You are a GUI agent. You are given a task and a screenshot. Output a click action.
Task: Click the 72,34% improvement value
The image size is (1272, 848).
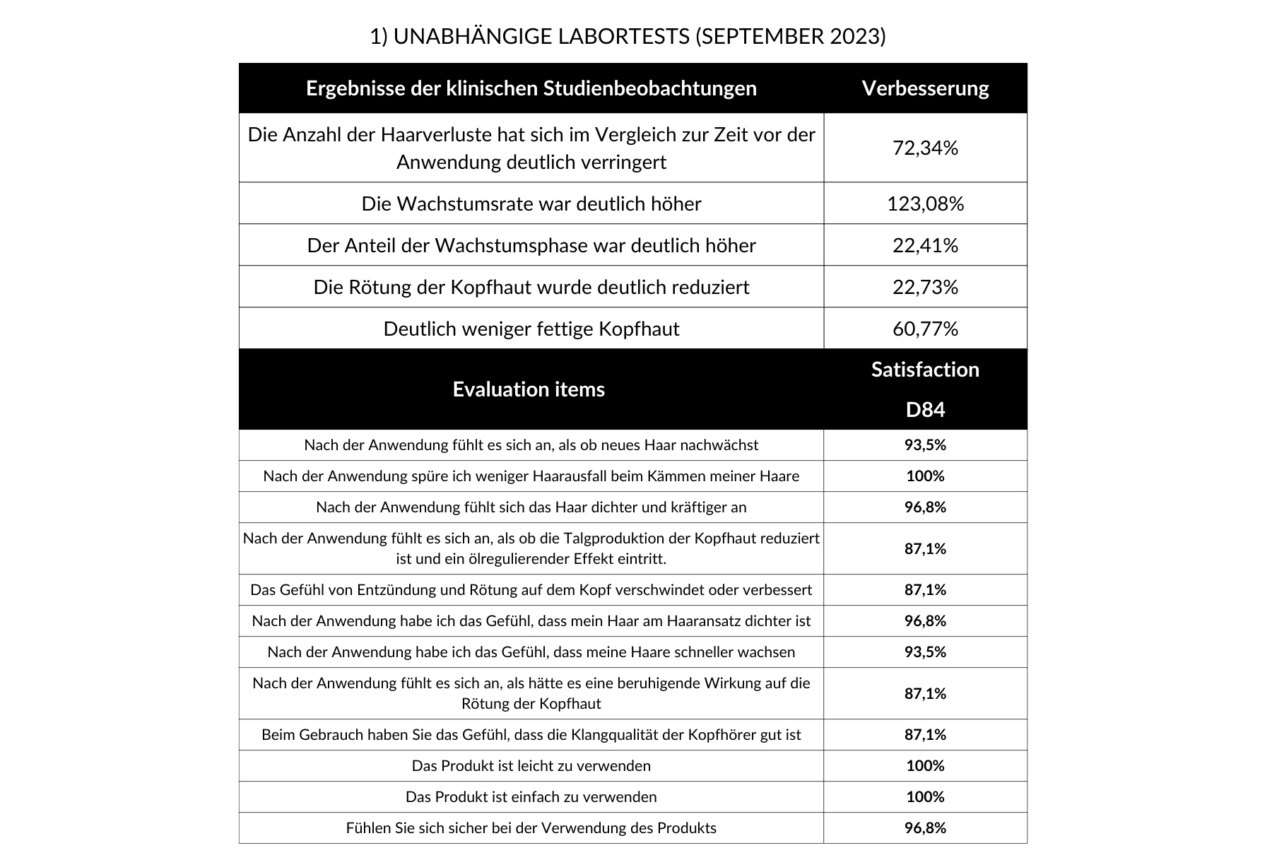[925, 148]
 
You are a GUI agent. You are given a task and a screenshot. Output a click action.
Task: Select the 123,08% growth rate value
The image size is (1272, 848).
[925, 204]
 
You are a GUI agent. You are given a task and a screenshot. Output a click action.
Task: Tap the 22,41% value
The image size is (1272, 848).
[925, 245]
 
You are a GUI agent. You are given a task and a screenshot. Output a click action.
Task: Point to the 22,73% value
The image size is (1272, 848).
[925, 287]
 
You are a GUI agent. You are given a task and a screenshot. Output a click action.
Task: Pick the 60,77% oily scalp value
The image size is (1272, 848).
[925, 329]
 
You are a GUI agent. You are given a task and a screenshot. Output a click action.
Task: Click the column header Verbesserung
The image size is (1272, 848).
[925, 88]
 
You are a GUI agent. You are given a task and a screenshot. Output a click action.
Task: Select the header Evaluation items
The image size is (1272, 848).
[529, 389]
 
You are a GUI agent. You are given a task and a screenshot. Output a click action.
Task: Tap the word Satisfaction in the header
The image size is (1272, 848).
[925, 370]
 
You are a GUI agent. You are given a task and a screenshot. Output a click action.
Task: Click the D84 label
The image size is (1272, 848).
[925, 410]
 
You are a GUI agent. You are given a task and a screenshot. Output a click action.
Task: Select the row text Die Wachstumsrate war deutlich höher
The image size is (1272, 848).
[531, 204]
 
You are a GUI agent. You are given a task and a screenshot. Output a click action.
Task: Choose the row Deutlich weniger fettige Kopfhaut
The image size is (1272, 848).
[531, 329]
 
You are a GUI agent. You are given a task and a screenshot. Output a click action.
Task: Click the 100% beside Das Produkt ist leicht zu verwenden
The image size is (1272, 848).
[925, 765]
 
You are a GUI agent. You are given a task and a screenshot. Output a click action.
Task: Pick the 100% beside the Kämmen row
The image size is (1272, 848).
[925, 476]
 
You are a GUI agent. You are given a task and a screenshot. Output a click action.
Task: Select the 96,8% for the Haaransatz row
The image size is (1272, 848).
[925, 620]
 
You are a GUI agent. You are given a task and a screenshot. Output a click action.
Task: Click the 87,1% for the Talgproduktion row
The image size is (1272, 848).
[925, 548]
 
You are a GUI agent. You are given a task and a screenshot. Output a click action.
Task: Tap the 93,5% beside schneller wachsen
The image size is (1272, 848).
[925, 652]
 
